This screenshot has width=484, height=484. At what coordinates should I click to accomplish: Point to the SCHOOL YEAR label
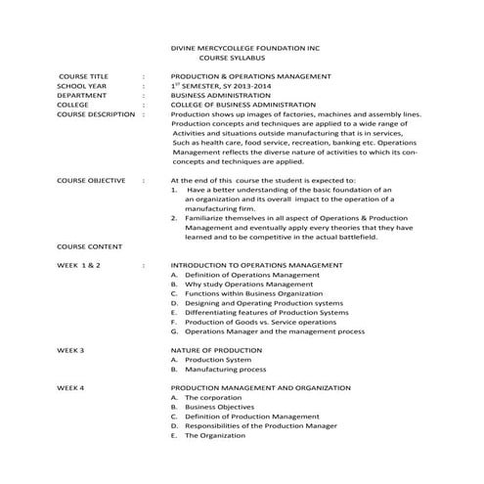coord(81,86)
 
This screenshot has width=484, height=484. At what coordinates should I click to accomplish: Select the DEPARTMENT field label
coord(82,95)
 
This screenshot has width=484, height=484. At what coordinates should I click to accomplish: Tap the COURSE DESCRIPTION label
coord(96,114)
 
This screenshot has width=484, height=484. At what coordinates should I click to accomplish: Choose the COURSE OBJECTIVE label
coord(92,181)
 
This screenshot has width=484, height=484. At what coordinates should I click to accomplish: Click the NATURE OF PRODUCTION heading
coord(216,350)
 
